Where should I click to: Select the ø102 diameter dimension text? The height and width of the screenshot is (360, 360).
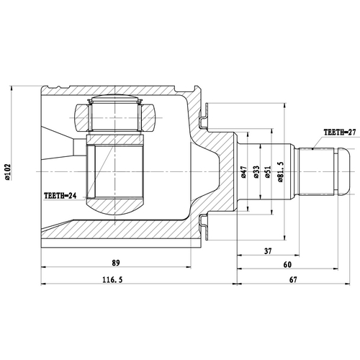click(x=9, y=173)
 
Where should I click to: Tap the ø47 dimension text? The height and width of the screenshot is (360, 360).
click(x=243, y=173)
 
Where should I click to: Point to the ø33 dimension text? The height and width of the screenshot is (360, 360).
click(x=256, y=173)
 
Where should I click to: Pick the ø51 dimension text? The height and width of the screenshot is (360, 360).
click(x=268, y=173)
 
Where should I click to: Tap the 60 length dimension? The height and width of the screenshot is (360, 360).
click(x=288, y=264)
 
